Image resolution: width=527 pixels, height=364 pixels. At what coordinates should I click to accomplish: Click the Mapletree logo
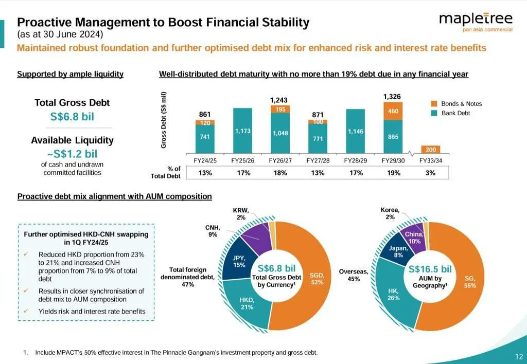(476, 21)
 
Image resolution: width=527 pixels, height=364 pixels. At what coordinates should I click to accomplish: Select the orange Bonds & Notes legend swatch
(434, 104)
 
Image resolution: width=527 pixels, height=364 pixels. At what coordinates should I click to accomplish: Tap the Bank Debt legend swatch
(434, 113)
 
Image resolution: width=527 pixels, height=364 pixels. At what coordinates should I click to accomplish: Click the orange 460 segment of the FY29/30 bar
(393, 111)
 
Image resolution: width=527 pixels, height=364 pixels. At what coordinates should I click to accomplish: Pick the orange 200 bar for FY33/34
(430, 149)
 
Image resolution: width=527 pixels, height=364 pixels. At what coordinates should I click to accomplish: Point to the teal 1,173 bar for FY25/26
(243, 131)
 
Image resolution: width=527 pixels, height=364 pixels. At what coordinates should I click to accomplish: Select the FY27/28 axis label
(318, 160)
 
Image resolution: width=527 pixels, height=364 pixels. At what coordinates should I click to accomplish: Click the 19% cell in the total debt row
(393, 173)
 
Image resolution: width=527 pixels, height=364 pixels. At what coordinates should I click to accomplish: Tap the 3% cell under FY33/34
(430, 173)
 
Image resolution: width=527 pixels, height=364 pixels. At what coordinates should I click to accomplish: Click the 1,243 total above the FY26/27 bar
(280, 99)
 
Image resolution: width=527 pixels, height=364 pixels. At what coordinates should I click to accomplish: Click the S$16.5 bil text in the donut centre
(430, 269)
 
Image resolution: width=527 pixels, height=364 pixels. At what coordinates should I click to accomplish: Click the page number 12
(518, 356)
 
